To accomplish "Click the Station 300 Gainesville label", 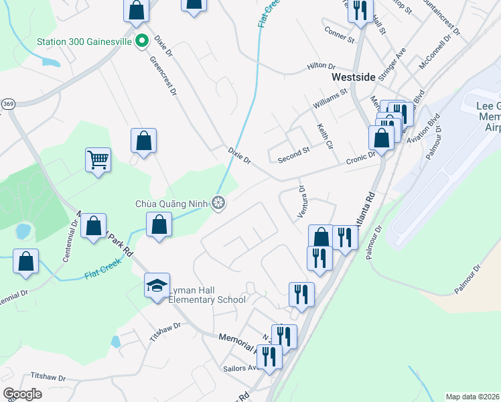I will click(84, 42).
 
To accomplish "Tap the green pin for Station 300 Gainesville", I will click(141, 42).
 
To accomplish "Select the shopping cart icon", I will click(98, 160).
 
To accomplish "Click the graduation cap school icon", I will click(157, 286).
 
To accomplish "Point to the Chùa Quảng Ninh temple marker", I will click(218, 202).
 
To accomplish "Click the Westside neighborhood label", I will click(354, 78).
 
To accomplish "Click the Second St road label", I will click(294, 155).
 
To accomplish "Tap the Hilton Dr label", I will click(321, 66).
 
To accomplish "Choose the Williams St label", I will click(330, 98).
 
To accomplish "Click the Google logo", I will click(22, 394).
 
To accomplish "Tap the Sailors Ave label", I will click(240, 368).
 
